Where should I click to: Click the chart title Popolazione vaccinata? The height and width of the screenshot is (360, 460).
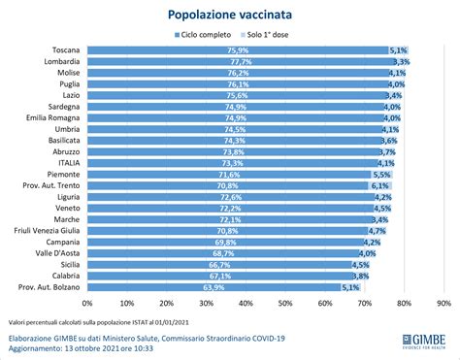[x=230, y=16]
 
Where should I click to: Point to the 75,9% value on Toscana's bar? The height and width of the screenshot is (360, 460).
[x=237, y=49]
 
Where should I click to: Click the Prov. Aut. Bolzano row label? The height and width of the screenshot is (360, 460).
[x=50, y=287]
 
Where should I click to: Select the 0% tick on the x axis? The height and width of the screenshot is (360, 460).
[x=87, y=303]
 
